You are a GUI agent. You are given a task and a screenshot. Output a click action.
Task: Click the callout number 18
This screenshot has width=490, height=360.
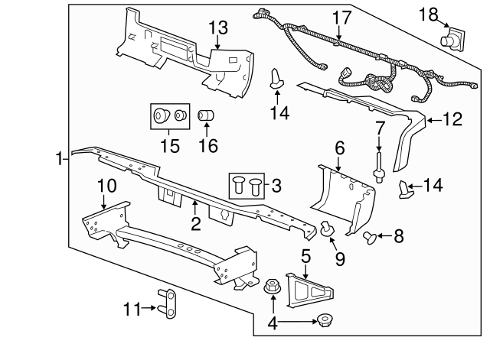[x=430, y=13]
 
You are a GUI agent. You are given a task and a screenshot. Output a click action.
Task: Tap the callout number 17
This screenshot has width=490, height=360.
[x=339, y=17]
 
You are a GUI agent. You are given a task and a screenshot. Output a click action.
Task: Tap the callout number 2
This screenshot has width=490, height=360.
[x=195, y=223]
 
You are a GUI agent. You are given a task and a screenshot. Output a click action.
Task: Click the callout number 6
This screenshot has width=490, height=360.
[x=340, y=145]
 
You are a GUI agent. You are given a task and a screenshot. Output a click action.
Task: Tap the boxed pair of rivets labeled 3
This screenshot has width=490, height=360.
[x=247, y=185]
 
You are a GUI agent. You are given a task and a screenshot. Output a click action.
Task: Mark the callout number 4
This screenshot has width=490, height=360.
[x=273, y=323]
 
